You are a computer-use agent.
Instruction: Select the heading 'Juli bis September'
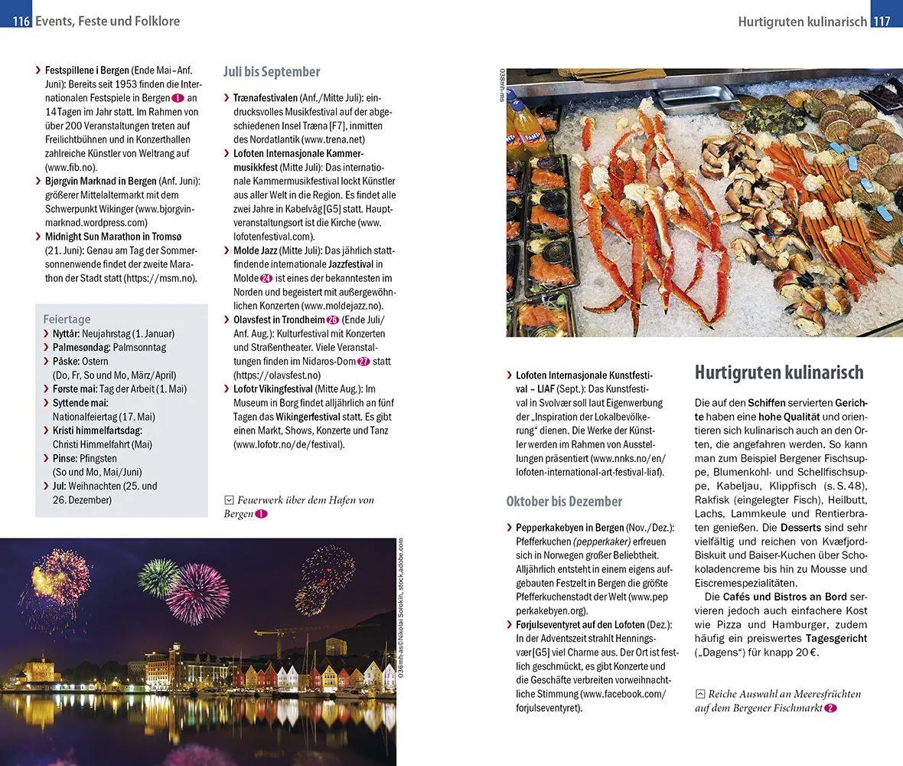(x=272, y=71)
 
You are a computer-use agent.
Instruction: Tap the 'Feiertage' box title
(x=67, y=319)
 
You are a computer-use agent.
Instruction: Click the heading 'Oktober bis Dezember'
(x=564, y=501)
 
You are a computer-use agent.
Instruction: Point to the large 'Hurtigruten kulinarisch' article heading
(x=779, y=372)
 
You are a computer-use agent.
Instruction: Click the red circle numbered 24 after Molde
(x=266, y=278)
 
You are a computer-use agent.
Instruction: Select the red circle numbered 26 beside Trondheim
(x=332, y=319)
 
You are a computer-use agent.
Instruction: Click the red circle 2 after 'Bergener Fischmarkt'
(x=831, y=709)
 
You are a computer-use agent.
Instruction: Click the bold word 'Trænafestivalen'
(x=266, y=98)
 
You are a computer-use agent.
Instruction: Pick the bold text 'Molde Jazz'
(x=256, y=250)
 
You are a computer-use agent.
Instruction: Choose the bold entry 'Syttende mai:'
(x=80, y=402)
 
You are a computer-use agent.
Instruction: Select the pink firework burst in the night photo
(x=197, y=594)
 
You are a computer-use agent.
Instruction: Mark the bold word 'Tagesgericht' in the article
(x=835, y=638)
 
